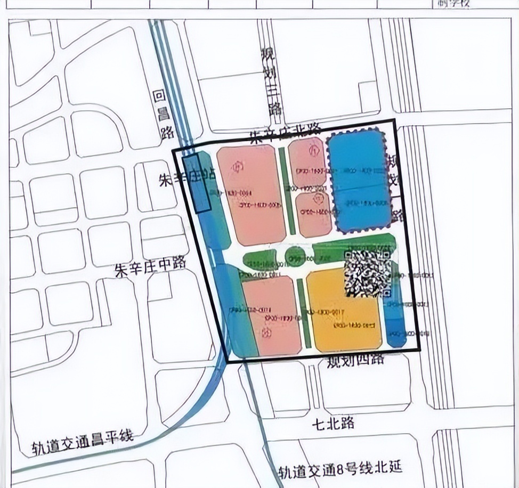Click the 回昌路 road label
[x=160, y=114]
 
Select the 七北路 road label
[x=334, y=424]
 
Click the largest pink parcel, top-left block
[x=252, y=194]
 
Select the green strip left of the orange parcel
[x=303, y=314]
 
